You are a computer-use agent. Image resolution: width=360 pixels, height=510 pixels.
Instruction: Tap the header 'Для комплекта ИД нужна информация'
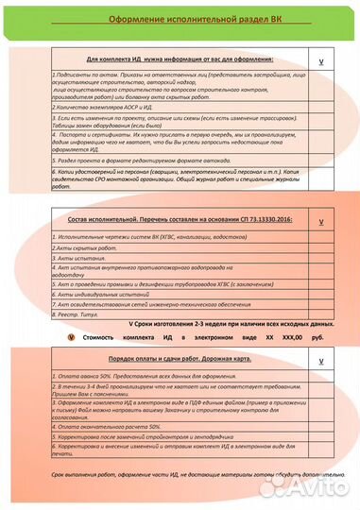click(x=180, y=57)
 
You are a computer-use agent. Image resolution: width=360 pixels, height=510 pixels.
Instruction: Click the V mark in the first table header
click(x=321, y=60)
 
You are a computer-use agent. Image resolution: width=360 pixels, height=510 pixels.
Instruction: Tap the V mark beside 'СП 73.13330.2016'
click(x=321, y=220)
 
